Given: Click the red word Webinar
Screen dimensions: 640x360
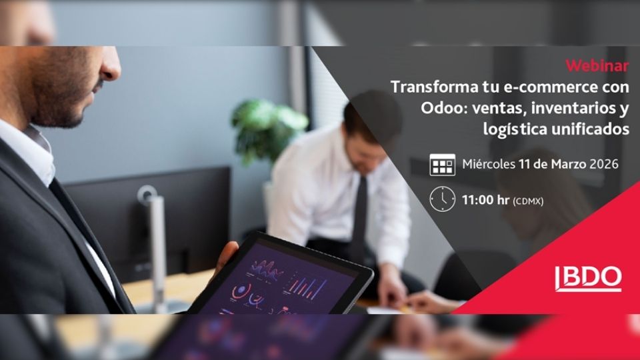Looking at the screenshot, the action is [597, 66].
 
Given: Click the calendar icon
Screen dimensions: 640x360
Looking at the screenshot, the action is [443, 165].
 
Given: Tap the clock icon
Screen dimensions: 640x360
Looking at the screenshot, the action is [443, 199].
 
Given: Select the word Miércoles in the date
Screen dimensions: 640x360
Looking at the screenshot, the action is [489, 164].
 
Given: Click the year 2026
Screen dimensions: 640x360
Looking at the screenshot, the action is [604, 164].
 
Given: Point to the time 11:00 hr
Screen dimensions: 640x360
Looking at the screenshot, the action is [485, 200].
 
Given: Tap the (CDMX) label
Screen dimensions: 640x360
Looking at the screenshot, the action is [528, 201].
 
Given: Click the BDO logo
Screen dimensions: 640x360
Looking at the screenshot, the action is [588, 279].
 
